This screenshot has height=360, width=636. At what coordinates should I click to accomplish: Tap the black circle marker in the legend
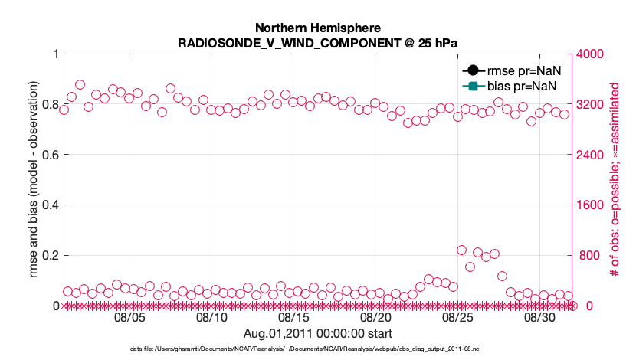471,70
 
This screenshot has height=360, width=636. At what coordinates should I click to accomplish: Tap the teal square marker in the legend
471,85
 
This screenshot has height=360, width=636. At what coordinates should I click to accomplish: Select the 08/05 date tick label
129,317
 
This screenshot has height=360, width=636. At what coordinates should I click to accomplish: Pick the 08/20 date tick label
375,317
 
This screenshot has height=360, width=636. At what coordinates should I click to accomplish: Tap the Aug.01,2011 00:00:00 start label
317,333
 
